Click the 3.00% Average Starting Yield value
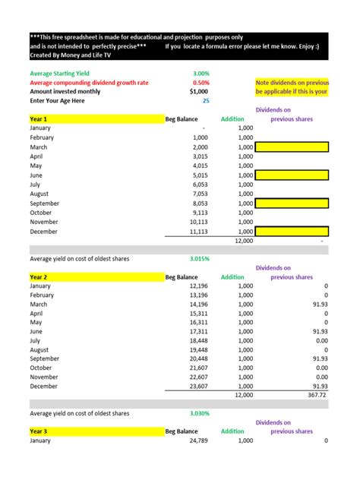point(201,74)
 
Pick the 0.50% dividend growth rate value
point(201,83)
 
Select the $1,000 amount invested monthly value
point(198,91)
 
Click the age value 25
point(206,100)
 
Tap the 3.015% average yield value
point(200,258)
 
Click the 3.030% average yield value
point(200,413)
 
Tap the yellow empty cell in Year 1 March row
point(292,147)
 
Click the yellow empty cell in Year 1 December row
point(292,231)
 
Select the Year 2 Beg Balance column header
point(182,278)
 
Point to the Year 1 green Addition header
point(232,119)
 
